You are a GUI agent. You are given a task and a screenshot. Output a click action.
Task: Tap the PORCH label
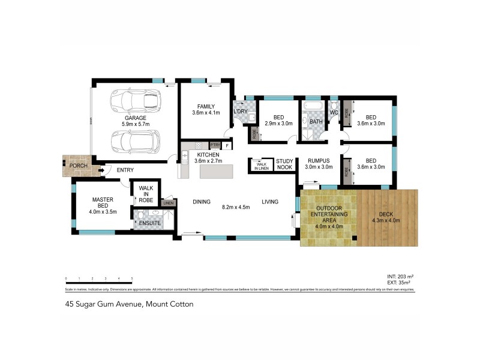point(78,166)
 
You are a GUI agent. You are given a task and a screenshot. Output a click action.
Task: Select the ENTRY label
point(125,170)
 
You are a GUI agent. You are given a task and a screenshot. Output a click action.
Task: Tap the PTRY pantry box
point(215,145)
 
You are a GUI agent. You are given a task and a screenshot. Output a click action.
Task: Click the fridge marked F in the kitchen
point(228,145)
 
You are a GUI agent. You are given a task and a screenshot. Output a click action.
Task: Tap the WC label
point(334,112)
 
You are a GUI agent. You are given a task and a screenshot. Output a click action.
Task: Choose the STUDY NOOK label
point(284,164)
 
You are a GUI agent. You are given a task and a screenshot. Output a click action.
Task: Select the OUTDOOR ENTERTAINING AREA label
point(328,215)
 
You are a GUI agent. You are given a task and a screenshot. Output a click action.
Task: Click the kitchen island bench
point(215,170)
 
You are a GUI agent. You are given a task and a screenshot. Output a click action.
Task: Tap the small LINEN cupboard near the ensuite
point(167,203)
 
